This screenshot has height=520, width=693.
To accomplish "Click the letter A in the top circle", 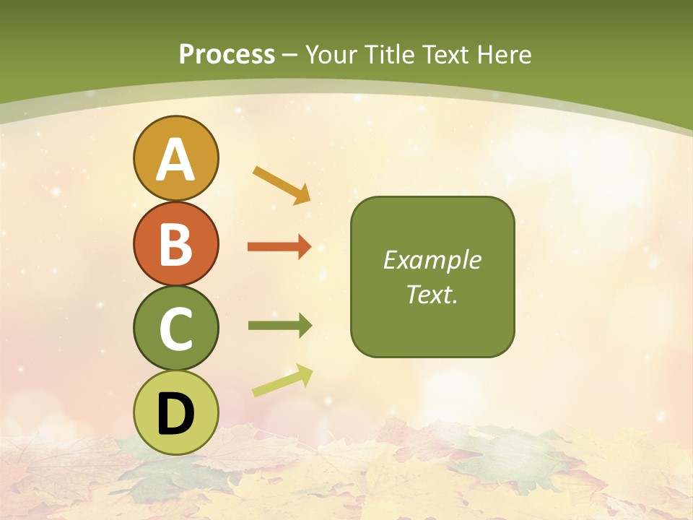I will (x=175, y=160).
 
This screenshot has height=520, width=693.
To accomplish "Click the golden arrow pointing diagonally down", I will (x=282, y=184).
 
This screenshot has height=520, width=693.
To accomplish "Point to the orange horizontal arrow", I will (x=279, y=247).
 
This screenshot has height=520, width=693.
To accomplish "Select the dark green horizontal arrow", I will (x=279, y=326).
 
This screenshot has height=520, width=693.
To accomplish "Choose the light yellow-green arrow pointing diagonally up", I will (x=282, y=381).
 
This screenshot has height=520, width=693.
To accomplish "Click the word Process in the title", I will (x=227, y=55).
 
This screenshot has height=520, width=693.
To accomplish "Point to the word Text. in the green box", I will (x=432, y=295).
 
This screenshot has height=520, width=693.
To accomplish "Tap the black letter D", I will (x=176, y=414).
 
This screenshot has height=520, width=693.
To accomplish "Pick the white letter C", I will (x=176, y=329).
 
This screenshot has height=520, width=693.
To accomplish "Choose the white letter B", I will (x=176, y=244).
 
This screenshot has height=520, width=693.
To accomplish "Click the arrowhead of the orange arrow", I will (x=304, y=247).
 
